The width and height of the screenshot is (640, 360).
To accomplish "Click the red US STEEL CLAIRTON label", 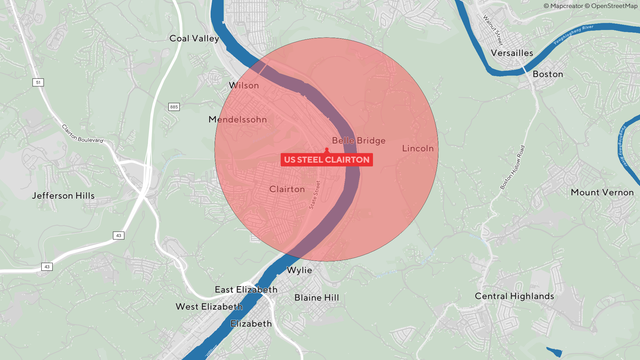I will (x=327, y=160).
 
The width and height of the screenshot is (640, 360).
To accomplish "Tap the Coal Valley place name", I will (x=194, y=39).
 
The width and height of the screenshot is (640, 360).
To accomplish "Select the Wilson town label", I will (x=244, y=86).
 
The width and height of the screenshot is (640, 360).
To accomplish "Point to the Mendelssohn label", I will (x=239, y=120).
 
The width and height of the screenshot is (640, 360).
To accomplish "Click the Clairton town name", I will (x=287, y=188).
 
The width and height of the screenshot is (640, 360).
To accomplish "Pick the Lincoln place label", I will (x=418, y=149).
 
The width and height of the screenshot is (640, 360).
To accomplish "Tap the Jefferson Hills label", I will (x=64, y=196).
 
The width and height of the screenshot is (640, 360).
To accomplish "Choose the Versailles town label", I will (x=506, y=53).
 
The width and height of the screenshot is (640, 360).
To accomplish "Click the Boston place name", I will (x=548, y=75).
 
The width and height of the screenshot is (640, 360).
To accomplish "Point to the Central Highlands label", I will (x=514, y=297).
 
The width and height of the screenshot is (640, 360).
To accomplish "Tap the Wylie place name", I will (x=299, y=270).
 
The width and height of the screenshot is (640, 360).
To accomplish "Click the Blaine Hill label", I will (x=317, y=298).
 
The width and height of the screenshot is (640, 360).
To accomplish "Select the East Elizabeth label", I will (x=244, y=289).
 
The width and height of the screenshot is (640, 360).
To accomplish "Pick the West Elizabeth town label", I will (x=209, y=307).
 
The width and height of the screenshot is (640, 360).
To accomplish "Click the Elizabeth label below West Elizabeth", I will (x=250, y=324).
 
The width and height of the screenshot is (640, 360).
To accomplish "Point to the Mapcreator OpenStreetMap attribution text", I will (x=590, y=6).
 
